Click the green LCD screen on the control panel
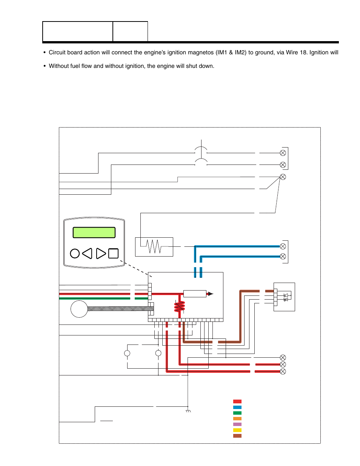click(x=94, y=232)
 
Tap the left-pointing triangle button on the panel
click(x=88, y=253)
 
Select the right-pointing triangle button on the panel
click(x=101, y=253)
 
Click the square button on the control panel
click(x=113, y=253)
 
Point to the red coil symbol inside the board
click(x=180, y=306)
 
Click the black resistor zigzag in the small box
click(x=154, y=246)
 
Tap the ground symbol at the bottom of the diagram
click(x=188, y=411)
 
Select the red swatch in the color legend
click(x=237, y=401)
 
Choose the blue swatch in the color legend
click(x=237, y=407)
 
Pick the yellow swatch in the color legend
click(x=237, y=430)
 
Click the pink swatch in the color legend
click(x=237, y=424)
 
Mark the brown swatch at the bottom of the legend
click(x=237, y=436)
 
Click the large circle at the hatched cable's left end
click(x=79, y=309)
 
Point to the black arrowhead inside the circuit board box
click(x=211, y=294)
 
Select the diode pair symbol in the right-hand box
click(x=286, y=297)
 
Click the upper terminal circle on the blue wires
click(x=283, y=246)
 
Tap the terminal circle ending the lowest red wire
click(x=283, y=371)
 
